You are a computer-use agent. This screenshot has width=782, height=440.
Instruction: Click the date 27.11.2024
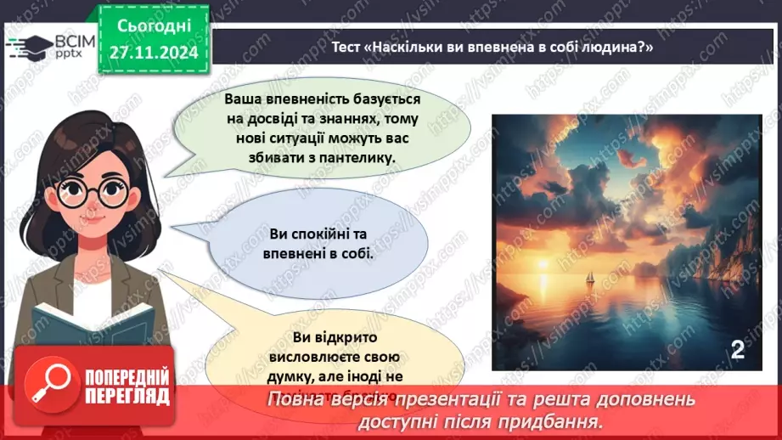pos(155,52)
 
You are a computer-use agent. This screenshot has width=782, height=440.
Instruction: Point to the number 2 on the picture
pos(737,349)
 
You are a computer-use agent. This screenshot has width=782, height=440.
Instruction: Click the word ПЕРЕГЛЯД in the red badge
pos(126,396)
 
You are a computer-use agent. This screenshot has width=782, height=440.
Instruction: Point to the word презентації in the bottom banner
pos(459,399)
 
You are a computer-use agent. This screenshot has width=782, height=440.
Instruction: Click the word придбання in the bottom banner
pos(562,420)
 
